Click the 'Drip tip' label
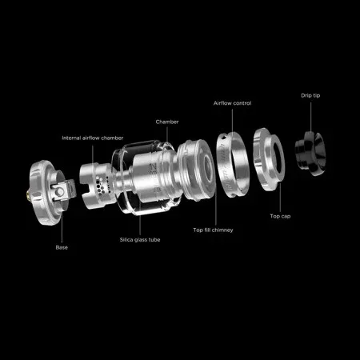(x=310, y=95)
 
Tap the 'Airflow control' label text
(x=232, y=103)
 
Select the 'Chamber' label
(x=167, y=122)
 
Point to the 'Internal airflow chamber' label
(x=93, y=138)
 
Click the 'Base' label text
(x=62, y=247)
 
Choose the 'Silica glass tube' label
(x=140, y=240)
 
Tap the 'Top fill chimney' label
(x=213, y=230)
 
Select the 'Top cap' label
(x=280, y=216)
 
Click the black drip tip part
(x=310, y=154)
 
